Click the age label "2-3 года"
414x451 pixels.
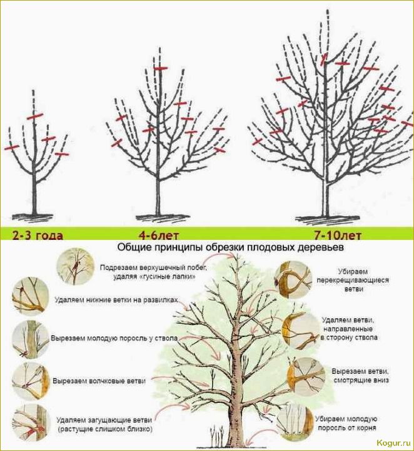coord(38,236)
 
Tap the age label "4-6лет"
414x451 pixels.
coord(158,236)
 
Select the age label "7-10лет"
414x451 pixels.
coord(337,236)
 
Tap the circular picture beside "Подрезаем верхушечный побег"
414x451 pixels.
coord(76,266)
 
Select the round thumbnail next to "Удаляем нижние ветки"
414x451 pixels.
coord(30,296)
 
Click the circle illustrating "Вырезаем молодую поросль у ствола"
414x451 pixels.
coord(30,339)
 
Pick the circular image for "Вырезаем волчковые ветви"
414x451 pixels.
coord(30,381)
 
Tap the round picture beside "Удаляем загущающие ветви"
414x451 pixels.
coord(30,423)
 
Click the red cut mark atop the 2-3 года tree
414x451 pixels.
coord(35,116)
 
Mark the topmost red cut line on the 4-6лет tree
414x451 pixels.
coord(161,68)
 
